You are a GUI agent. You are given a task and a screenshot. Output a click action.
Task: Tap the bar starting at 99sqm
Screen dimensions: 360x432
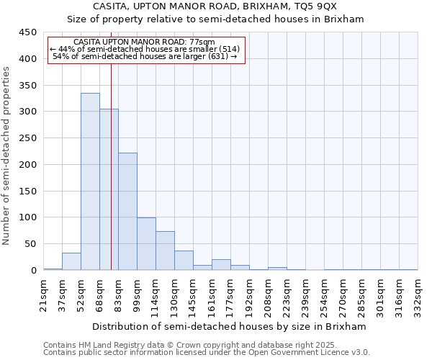(146, 244)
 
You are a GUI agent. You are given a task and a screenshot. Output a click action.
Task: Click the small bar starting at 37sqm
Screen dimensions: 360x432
(71, 262)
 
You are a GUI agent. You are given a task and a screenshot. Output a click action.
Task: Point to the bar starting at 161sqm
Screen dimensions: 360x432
(221, 265)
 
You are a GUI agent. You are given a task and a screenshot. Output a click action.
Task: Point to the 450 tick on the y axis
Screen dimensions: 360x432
(28, 32)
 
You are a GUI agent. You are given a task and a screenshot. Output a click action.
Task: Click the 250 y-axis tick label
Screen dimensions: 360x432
(28, 138)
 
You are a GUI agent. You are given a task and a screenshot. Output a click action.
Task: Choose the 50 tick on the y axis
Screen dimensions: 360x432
(31, 244)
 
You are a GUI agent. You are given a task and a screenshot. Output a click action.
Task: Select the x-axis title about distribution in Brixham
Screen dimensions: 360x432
(231, 327)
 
